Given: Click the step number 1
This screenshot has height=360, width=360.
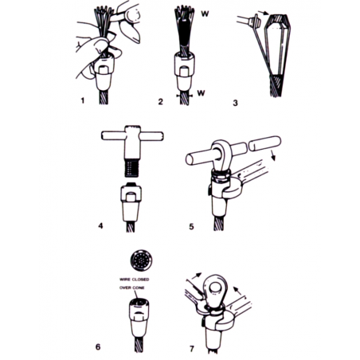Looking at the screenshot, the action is pos(83,100).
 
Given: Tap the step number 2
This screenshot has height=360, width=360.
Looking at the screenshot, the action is pos(160,101).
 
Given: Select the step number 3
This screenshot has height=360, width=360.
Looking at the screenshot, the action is pos(235,103).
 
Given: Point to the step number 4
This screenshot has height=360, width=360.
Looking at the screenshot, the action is pos(100,225).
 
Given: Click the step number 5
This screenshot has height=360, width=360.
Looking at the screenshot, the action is pos(191,226).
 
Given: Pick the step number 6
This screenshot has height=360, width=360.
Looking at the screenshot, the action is pos(98,346).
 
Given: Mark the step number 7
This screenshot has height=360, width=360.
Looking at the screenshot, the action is pos(192,348).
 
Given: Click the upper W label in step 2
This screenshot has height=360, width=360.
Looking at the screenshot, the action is pos(205,14).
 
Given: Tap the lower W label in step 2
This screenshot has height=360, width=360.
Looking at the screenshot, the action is pos(202,93).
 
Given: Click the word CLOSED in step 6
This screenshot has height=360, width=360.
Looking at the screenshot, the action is pos(140,280).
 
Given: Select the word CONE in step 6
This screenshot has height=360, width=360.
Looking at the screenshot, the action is pos(139,288).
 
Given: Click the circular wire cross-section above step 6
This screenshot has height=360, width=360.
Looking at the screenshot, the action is pos(142,260).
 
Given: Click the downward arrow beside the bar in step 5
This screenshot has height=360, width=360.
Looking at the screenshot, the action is pos(273,155).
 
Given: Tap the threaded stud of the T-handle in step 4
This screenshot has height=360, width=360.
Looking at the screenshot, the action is pos(131,167).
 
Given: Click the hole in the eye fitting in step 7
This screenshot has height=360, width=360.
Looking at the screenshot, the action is pos(214,288).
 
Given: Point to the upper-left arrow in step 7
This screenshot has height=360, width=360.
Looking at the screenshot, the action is pos(196,278).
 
